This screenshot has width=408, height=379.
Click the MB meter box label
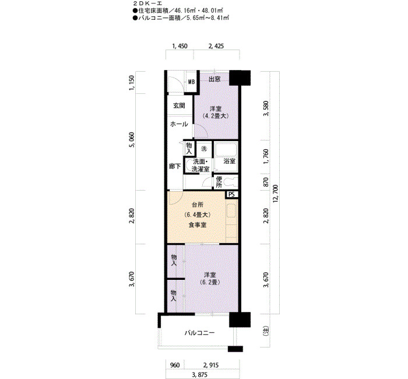[x=192, y=82]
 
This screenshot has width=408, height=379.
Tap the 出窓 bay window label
[x=214, y=79]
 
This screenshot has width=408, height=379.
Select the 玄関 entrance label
[x=179, y=106]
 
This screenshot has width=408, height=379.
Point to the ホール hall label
[x=179, y=124]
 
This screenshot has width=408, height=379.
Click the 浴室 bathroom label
[x=229, y=161]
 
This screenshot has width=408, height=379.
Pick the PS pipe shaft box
[x=231, y=194]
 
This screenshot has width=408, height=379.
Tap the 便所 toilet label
[x=219, y=182]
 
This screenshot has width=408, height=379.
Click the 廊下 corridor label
[x=175, y=166]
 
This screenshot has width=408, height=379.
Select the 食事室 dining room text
[x=198, y=225]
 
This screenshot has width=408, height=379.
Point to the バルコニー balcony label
[x=200, y=333]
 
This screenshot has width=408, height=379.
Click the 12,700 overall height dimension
[x=276, y=194]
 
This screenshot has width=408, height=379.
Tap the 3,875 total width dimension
[x=200, y=375]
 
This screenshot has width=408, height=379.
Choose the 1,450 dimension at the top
[x=180, y=46]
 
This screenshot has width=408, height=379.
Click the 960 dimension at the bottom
[x=175, y=365]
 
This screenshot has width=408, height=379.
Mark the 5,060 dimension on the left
[x=132, y=140]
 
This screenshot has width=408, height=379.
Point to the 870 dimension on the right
[x=266, y=182]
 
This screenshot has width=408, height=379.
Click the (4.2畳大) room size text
[x=216, y=116]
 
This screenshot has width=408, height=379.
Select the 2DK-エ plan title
[x=147, y=3]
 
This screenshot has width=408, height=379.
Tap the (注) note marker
[x=266, y=331]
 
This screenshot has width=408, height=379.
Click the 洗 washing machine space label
[x=204, y=149]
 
